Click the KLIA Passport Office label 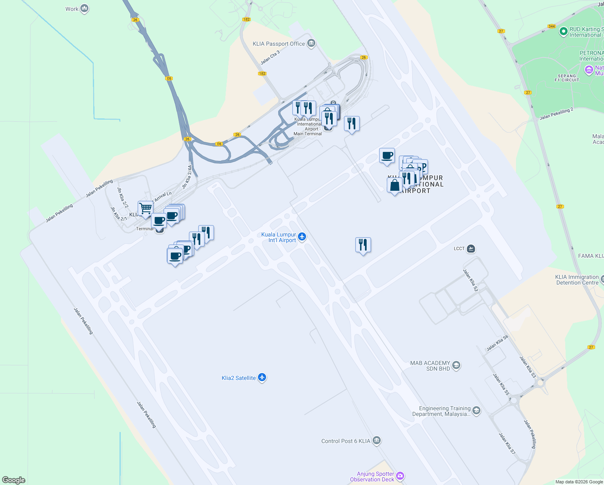(x=279, y=44)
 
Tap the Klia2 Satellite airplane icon (x=262, y=377)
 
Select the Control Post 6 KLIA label (x=346, y=441)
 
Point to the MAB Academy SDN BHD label (x=430, y=366)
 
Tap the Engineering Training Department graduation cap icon (x=476, y=411)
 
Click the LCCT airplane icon (x=471, y=249)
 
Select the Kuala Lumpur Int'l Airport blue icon (x=302, y=237)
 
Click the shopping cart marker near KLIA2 (x=145, y=209)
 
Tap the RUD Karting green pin (x=563, y=32)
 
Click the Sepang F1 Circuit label (x=567, y=78)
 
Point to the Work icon (x=84, y=8)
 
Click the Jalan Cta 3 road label (x=270, y=58)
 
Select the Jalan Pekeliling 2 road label (x=556, y=114)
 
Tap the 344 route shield (x=552, y=26)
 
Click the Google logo (x=14, y=480)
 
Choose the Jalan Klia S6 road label (x=497, y=343)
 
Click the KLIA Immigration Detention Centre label (x=577, y=280)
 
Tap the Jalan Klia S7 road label (x=507, y=443)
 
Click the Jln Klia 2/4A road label (x=187, y=177)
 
